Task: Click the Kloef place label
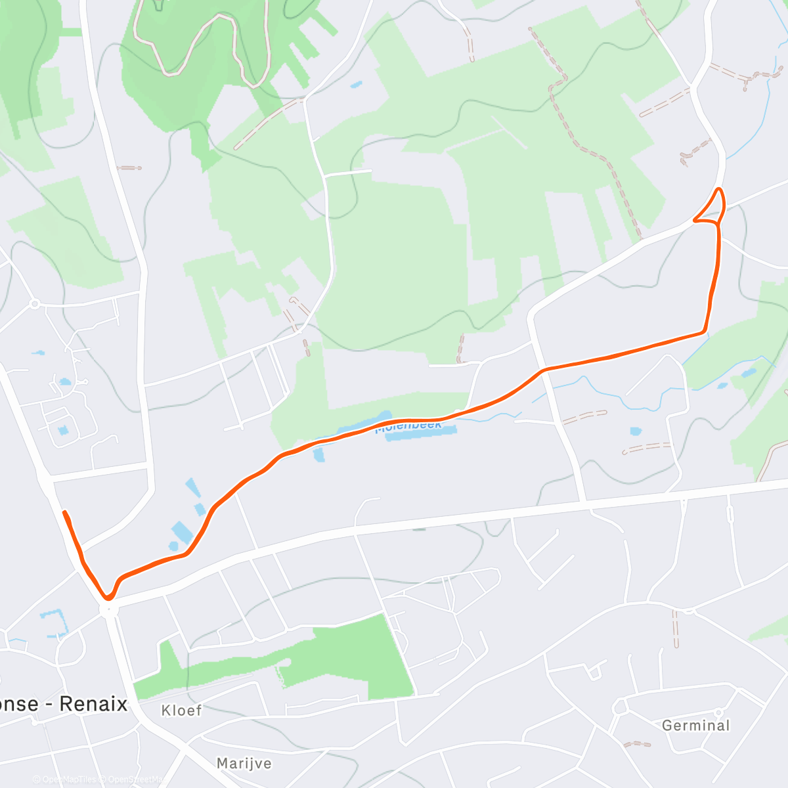tap(181, 711)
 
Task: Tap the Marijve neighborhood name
tap(244, 764)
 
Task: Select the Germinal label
tap(695, 726)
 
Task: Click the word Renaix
tap(93, 704)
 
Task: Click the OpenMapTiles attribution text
tap(68, 779)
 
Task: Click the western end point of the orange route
tap(64, 512)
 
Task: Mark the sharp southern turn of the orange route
tap(108, 597)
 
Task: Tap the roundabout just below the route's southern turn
tap(108, 610)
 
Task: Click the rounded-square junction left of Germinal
tap(619, 708)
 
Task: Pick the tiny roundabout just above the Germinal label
tap(718, 712)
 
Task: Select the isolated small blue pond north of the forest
tap(355, 85)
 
